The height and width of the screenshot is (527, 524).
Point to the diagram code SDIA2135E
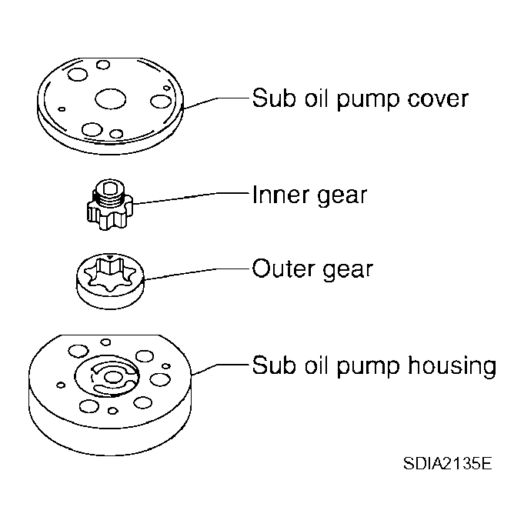click(x=446, y=465)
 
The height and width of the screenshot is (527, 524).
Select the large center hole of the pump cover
click(x=109, y=98)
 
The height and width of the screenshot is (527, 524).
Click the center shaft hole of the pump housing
click(x=114, y=377)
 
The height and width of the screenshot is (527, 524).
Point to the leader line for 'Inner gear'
click(x=192, y=198)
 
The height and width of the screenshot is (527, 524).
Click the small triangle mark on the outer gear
click(x=112, y=259)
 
